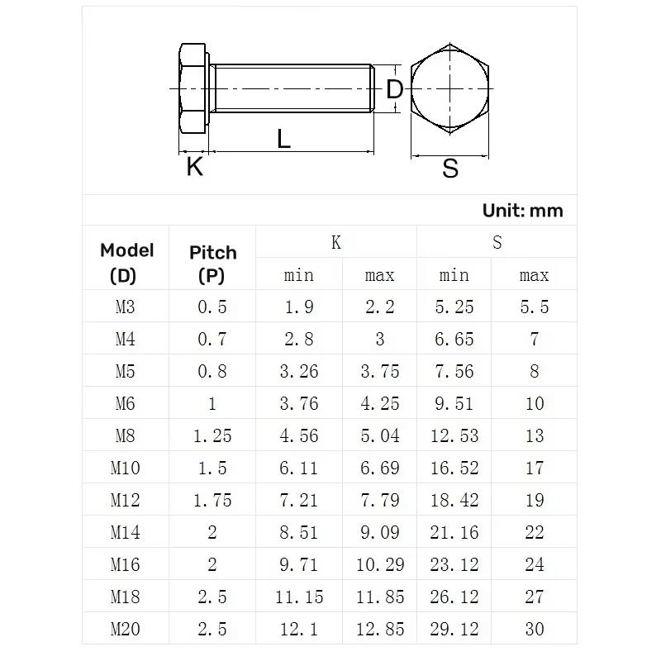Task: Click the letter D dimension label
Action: pyautogui.click(x=395, y=89)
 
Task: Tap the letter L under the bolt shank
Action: pyautogui.click(x=283, y=139)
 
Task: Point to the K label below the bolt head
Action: pyautogui.click(x=195, y=166)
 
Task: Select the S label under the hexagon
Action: pyautogui.click(x=450, y=169)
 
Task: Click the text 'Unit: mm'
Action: pyautogui.click(x=523, y=211)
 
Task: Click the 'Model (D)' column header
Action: pyautogui.click(x=126, y=263)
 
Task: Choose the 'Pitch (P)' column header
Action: pyautogui.click(x=213, y=264)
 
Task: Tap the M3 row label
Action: pyautogui.click(x=126, y=307)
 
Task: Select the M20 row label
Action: pyautogui.click(x=126, y=629)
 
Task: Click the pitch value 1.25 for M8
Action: pyautogui.click(x=212, y=436)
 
